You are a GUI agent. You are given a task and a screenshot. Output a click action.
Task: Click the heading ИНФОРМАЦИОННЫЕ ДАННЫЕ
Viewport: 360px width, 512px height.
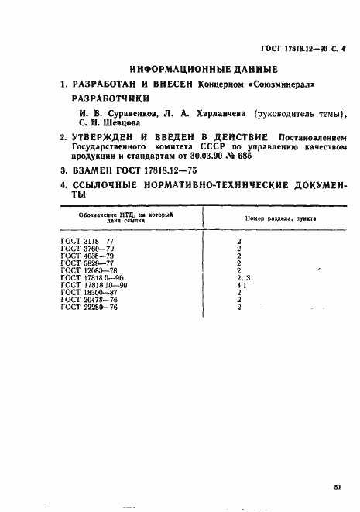(x=197, y=67)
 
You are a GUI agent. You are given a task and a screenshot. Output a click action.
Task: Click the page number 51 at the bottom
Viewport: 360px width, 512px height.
(x=339, y=486)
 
